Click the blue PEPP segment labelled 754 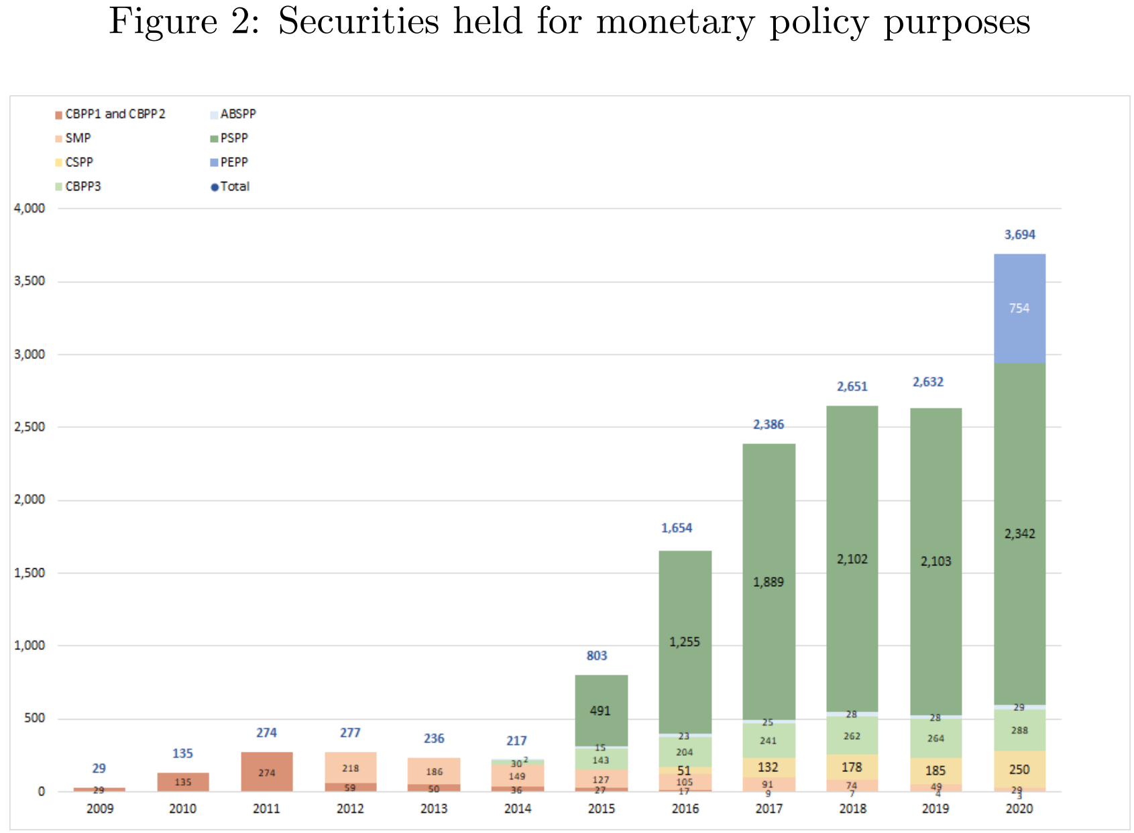[x=1019, y=309]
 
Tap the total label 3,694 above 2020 [x=1019, y=235]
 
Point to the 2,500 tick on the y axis [x=30, y=427]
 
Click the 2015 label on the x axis [x=602, y=809]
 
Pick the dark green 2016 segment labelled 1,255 [x=685, y=642]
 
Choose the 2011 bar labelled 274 [x=267, y=773]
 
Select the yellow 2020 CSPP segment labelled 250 [x=1019, y=770]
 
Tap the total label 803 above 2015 [x=597, y=656]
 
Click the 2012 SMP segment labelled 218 [x=351, y=768]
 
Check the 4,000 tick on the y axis [x=30, y=209]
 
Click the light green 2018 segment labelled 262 [x=852, y=736]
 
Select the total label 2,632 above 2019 [x=928, y=382]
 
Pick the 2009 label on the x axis [x=100, y=809]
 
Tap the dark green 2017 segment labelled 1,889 [x=769, y=582]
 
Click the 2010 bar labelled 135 [x=183, y=782]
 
